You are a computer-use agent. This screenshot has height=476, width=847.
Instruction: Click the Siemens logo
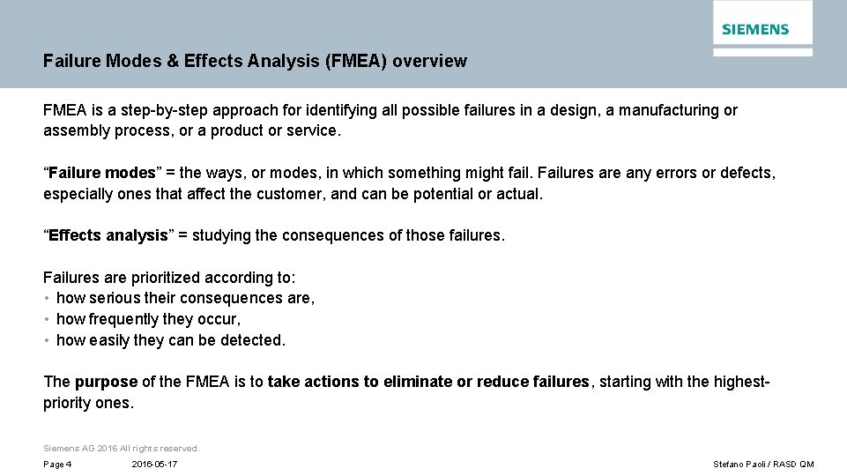[x=755, y=29]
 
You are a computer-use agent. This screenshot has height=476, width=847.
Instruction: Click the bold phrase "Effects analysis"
[x=108, y=235]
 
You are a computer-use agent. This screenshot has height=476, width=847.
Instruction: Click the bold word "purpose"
[x=106, y=382]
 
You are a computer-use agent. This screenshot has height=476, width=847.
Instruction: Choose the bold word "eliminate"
[x=418, y=382]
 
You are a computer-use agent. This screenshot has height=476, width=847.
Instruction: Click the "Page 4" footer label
[x=57, y=465]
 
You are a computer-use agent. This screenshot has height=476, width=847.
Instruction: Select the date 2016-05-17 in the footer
[x=154, y=465]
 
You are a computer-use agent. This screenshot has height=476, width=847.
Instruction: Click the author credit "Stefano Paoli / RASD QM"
[x=763, y=465]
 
